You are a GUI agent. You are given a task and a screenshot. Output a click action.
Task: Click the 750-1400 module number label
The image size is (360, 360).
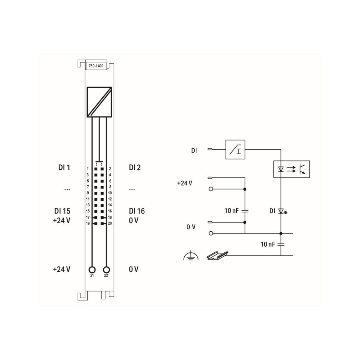coord(96,66)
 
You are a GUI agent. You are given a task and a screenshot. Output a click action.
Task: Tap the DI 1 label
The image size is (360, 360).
coord(64,168)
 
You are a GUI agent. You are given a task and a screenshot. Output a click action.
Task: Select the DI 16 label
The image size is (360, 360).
coord(137,211)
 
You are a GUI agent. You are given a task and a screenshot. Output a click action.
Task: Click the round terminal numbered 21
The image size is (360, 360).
coord(92,270)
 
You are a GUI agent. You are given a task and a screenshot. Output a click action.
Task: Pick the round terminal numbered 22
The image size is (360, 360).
coord(107,270)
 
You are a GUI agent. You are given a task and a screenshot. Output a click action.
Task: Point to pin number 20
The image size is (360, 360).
coord(110,223)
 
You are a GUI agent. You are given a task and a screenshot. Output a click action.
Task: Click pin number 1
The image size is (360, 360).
coord(87,169)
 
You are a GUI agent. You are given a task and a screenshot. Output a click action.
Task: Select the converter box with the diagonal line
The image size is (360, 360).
coord(99,102)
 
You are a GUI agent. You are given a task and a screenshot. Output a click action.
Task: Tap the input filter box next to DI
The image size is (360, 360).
coord(235,149)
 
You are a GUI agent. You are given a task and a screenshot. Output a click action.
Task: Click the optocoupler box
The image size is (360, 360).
coord(292,169)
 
